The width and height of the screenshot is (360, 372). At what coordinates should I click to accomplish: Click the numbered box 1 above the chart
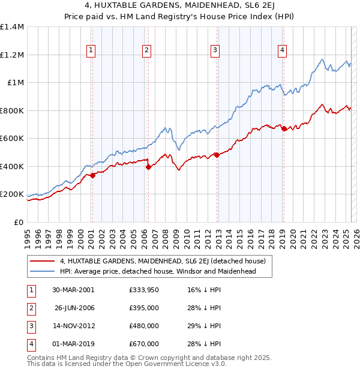pyautogui.click(x=91, y=51)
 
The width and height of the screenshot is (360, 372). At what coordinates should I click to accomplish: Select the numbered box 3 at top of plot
pyautogui.click(x=214, y=51)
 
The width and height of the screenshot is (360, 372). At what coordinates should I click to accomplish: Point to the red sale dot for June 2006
pyautogui.click(x=148, y=167)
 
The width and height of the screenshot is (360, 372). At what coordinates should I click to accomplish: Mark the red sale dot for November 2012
pyautogui.click(x=217, y=155)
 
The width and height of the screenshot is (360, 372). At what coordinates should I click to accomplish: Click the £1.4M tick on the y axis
pyautogui.click(x=12, y=27)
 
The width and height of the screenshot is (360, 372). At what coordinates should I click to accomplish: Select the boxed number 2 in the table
pyautogui.click(x=30, y=308)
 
